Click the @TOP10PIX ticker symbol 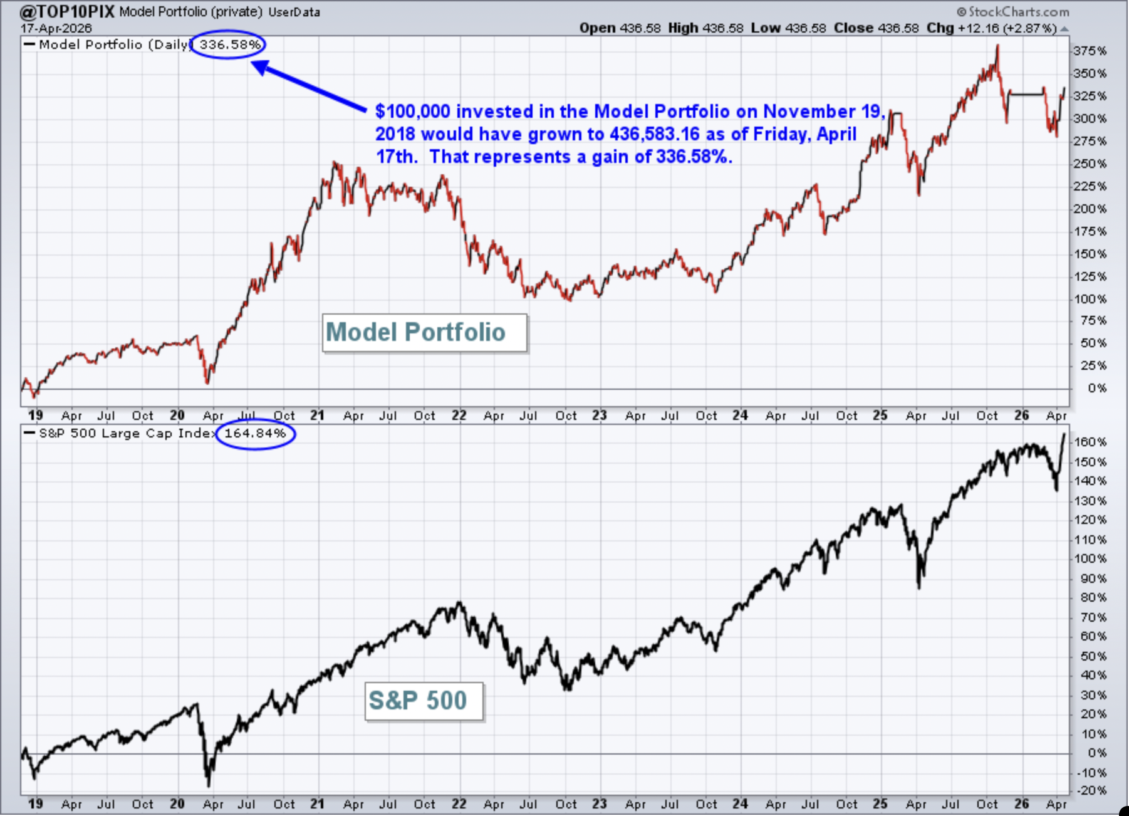(x=67, y=11)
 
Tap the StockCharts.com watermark (x=1013, y=12)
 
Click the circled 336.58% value (x=229, y=44)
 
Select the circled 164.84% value (x=255, y=433)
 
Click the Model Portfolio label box (x=425, y=333)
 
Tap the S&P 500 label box (x=424, y=701)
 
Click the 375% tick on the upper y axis (x=1090, y=51)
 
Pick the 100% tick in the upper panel (x=1090, y=299)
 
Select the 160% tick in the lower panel (x=1090, y=442)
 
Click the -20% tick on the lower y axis (x=1091, y=790)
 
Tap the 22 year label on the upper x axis (x=459, y=415)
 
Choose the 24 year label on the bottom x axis (x=740, y=803)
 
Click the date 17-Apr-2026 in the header (x=56, y=28)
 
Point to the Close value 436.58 (x=898, y=28)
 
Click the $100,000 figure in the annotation (x=413, y=112)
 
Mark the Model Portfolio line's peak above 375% (x=997, y=46)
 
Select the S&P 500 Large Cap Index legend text (x=126, y=433)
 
